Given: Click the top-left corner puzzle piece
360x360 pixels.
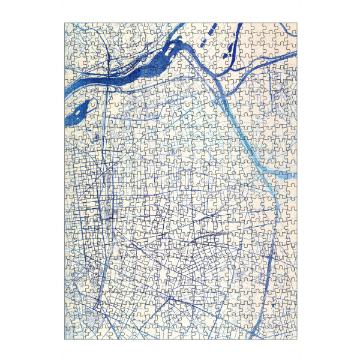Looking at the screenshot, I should [69, 28].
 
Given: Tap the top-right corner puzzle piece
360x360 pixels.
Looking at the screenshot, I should [292, 28].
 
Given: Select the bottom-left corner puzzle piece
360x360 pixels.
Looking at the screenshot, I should [69, 334].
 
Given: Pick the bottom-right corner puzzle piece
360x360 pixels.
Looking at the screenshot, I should [292, 334].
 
